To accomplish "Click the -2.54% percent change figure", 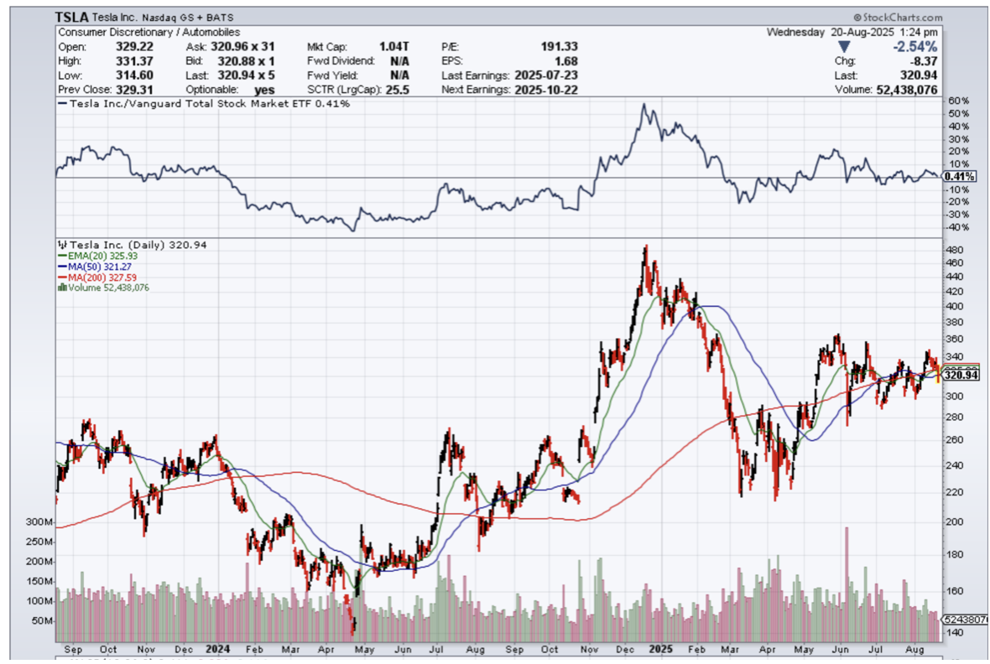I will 915,46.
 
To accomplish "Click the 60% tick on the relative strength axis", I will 957,101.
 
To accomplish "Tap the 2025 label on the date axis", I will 660,650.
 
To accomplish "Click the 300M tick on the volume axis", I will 38,522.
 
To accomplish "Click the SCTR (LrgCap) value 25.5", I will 397,90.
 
